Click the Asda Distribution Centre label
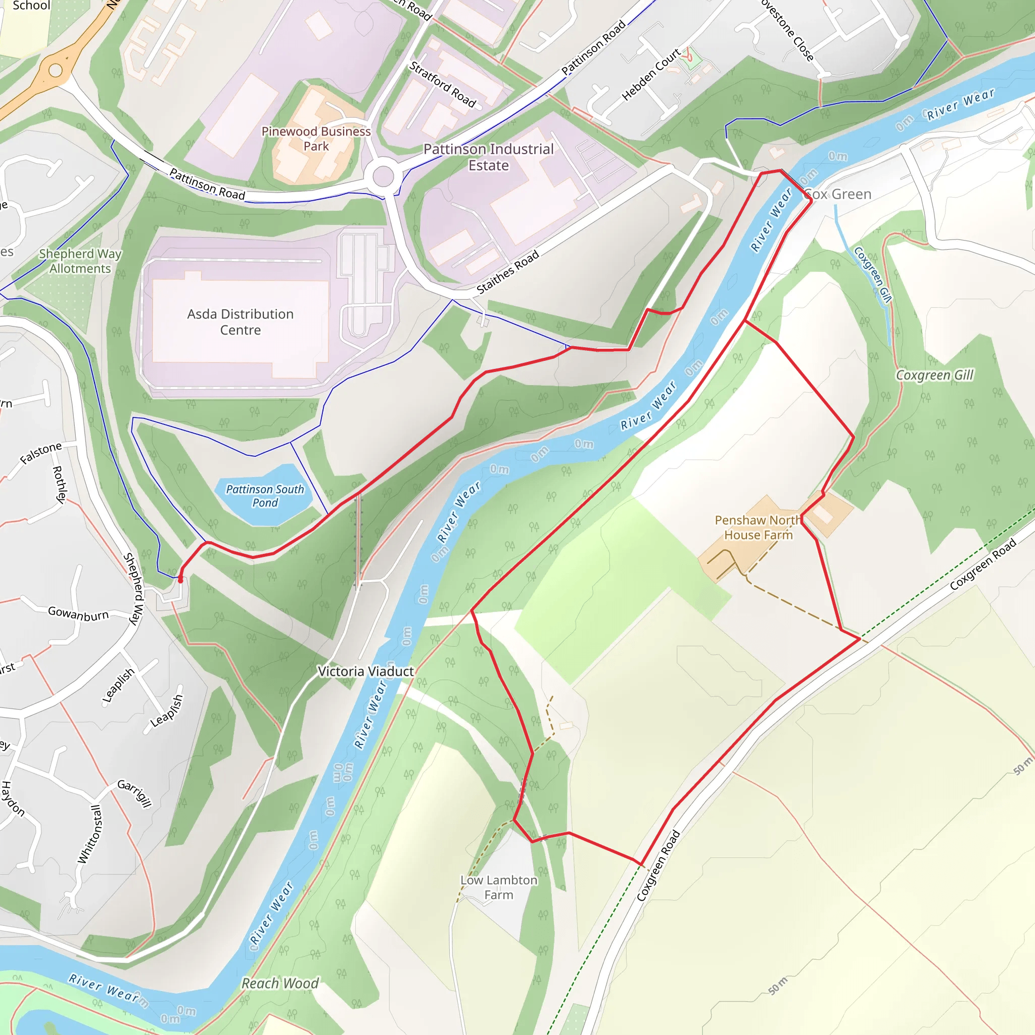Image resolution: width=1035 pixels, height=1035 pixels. pyautogui.click(x=240, y=321)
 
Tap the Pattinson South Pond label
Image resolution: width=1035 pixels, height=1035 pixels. pyautogui.click(x=265, y=496)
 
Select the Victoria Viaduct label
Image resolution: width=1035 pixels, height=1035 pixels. pyautogui.click(x=365, y=671)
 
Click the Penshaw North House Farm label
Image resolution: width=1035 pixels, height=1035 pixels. pyautogui.click(x=758, y=527)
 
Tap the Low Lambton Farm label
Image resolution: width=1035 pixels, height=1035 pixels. pyautogui.click(x=498, y=887)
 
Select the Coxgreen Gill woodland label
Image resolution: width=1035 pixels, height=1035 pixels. pyautogui.click(x=934, y=375)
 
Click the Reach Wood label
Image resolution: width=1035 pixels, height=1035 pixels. pyautogui.click(x=279, y=983)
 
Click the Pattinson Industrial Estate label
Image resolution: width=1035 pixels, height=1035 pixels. pyautogui.click(x=488, y=157)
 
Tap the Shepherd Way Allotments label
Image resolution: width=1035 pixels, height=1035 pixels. pyautogui.click(x=80, y=261)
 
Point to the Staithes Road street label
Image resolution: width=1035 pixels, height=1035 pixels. pyautogui.click(x=507, y=272)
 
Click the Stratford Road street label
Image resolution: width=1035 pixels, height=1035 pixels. pyautogui.click(x=443, y=84)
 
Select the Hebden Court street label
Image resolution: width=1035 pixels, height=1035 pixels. pyautogui.click(x=651, y=74)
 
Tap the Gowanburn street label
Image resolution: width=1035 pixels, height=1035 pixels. pyautogui.click(x=78, y=614)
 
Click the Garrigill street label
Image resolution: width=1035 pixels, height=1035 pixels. pyautogui.click(x=134, y=793)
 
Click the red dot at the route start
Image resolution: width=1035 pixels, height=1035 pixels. pyautogui.click(x=180, y=580)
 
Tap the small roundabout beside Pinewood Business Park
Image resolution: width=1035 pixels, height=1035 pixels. pyautogui.click(x=383, y=176)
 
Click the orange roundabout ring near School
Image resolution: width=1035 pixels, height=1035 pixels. pyautogui.click(x=56, y=70)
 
